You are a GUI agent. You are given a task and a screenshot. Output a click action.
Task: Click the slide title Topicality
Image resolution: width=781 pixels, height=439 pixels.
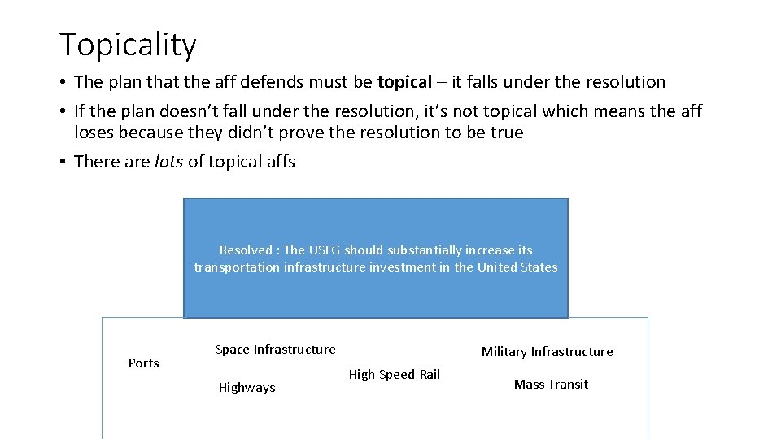pyautogui.click(x=128, y=45)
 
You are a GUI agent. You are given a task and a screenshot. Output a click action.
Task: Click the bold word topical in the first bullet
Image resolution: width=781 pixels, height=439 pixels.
pyautogui.click(x=404, y=82)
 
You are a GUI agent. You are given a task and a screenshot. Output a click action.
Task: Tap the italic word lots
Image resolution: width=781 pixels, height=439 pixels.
pyautogui.click(x=168, y=162)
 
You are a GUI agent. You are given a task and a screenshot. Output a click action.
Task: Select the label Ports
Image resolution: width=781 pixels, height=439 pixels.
pyautogui.click(x=144, y=363)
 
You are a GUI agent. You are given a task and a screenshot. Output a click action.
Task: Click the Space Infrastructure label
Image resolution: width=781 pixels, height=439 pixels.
pyautogui.click(x=275, y=350)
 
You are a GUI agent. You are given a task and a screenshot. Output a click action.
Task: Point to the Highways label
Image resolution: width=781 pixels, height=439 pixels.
pyautogui.click(x=247, y=388)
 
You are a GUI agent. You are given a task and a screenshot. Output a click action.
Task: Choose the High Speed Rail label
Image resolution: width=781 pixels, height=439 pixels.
pyautogui.click(x=394, y=375)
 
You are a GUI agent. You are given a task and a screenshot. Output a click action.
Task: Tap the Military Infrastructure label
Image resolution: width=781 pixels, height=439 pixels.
pyautogui.click(x=547, y=352)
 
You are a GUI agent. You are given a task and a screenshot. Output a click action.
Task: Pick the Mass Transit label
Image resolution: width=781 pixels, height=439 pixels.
pyautogui.click(x=551, y=385)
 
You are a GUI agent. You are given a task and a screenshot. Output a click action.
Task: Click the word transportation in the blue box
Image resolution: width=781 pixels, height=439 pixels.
pyautogui.click(x=237, y=267)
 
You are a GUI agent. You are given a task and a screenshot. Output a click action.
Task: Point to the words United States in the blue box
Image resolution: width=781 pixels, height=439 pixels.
pyautogui.click(x=517, y=267)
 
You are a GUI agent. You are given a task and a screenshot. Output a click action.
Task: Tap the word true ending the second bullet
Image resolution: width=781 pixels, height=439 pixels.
pyautogui.click(x=506, y=133)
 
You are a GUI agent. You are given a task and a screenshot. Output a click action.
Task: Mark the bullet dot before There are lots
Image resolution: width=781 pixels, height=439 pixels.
pyautogui.click(x=62, y=163)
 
